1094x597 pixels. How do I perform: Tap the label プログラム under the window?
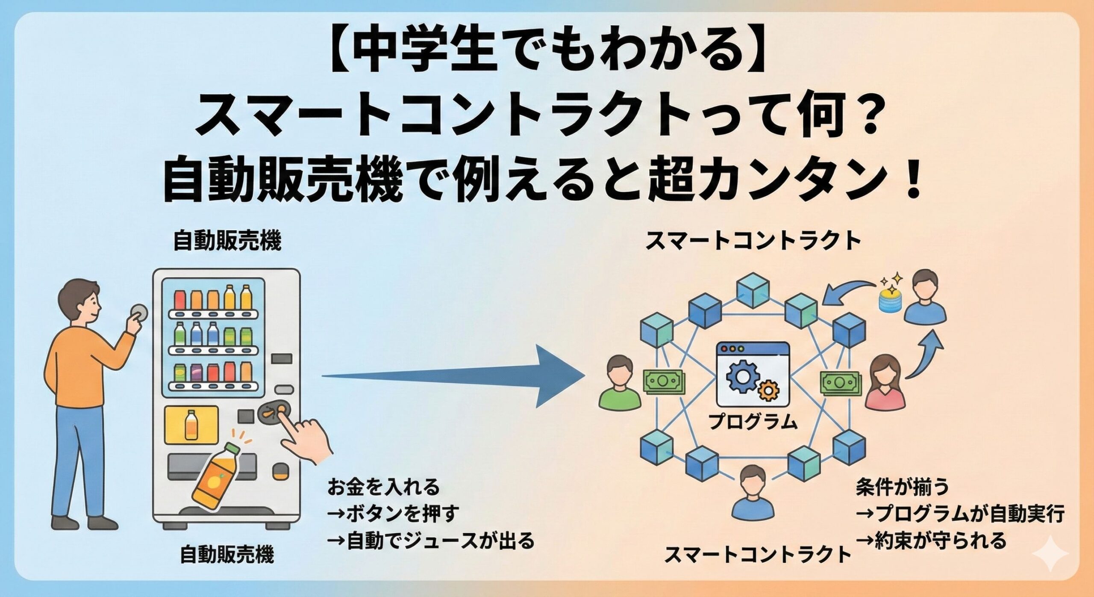pos(753,422)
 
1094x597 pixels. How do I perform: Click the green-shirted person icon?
pos(620,383)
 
